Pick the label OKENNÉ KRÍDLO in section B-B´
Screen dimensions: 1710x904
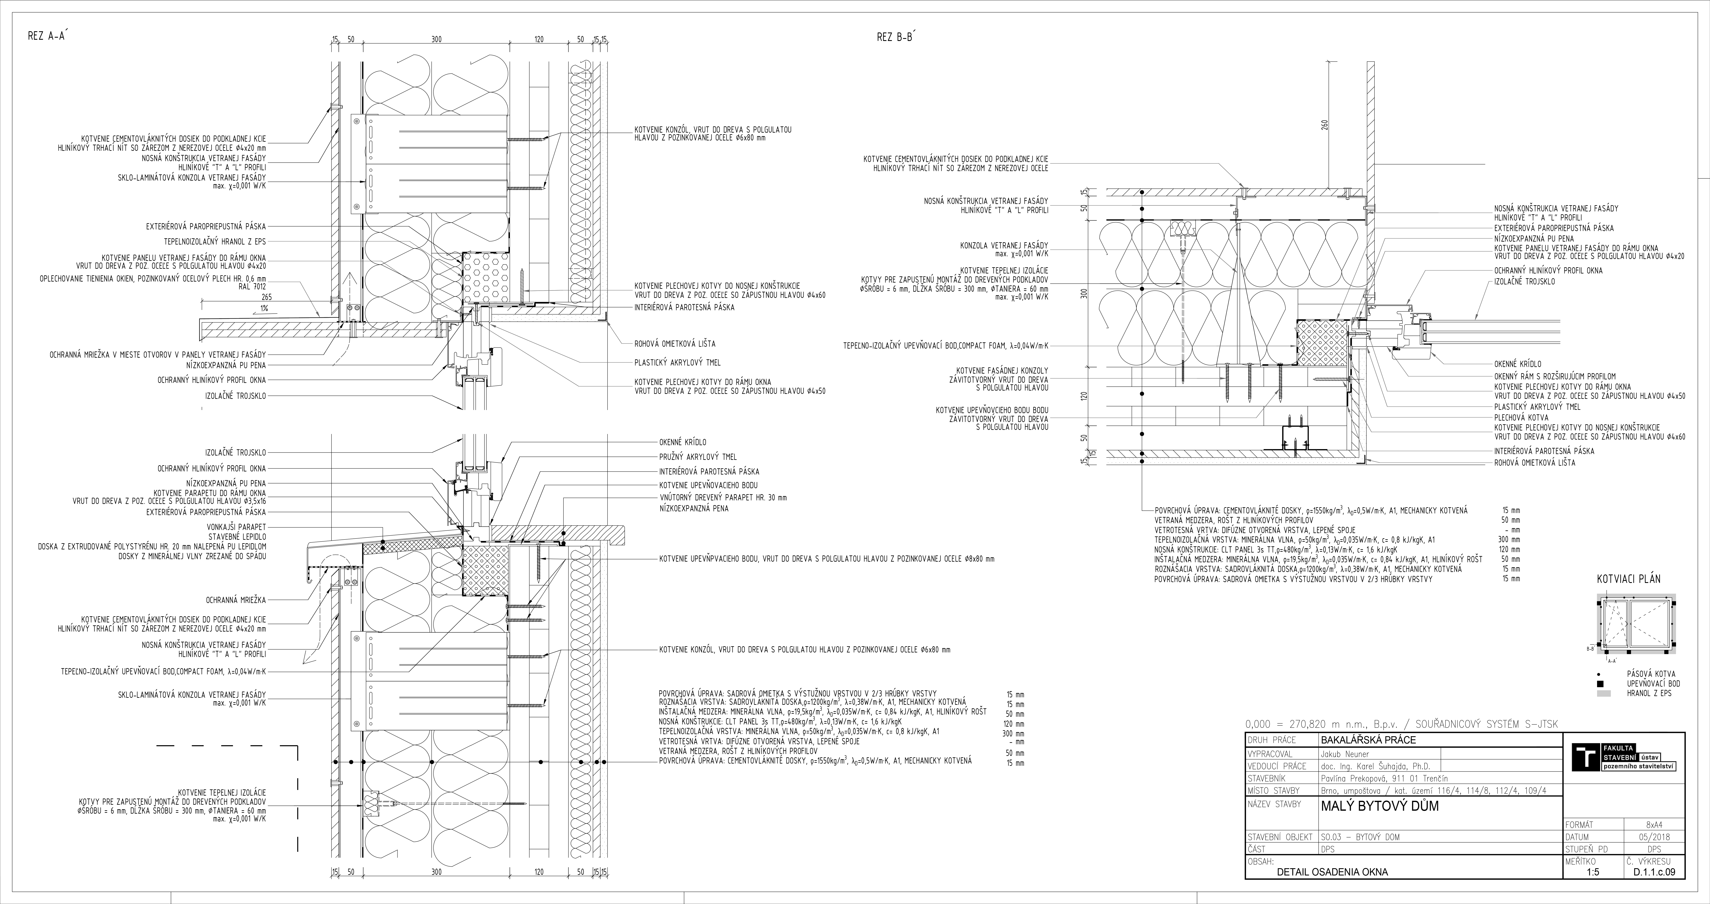pos(1517,364)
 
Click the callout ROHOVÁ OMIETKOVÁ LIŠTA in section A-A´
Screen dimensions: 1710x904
pos(675,344)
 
